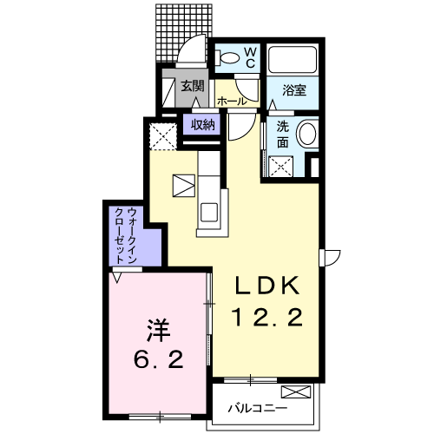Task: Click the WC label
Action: click(251, 58)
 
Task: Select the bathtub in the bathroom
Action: click(293, 60)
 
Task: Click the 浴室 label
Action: click(294, 90)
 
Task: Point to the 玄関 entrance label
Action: click(193, 86)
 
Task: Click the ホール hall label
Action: click(232, 102)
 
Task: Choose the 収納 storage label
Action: click(202, 125)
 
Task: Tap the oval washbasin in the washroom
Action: click(307, 135)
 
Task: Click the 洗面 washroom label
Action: click(283, 135)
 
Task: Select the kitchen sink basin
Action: click(209, 213)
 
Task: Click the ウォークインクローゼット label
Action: click(126, 235)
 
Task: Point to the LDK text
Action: click(266, 286)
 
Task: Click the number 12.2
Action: click(266, 317)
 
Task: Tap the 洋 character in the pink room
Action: click(159, 331)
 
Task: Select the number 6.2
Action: click(159, 359)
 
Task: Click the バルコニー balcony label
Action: click(258, 408)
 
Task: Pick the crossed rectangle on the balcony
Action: click(296, 392)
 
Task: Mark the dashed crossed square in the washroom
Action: click(281, 167)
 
